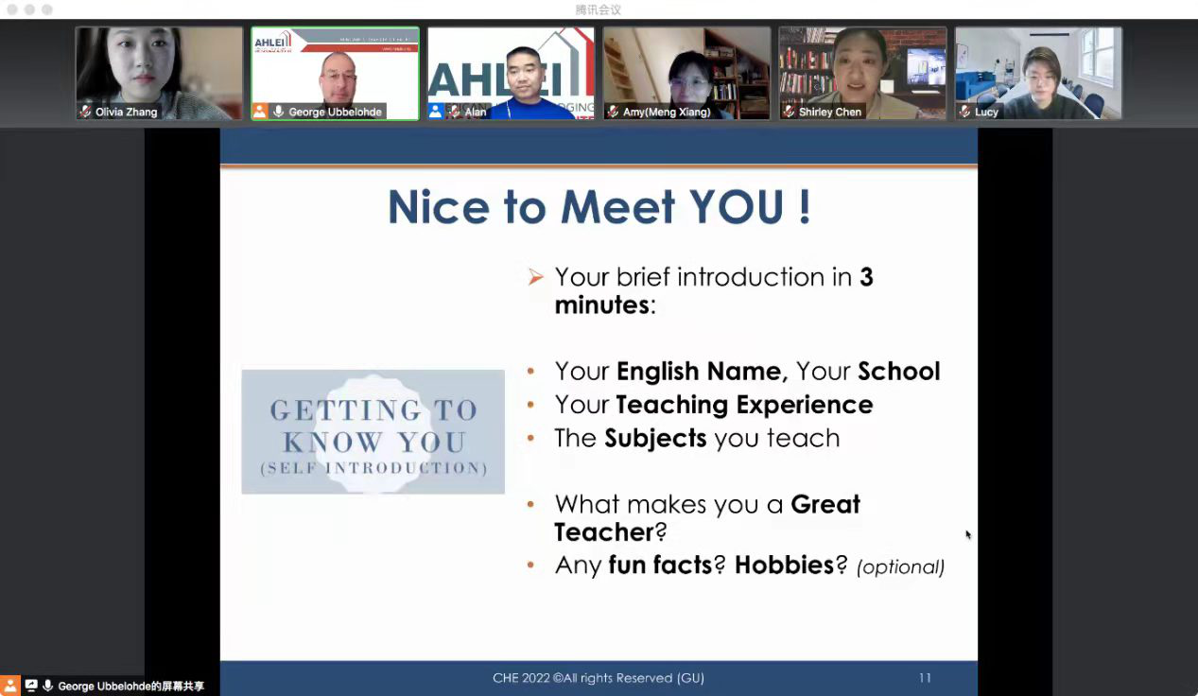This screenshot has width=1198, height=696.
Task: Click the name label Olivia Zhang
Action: pos(126,112)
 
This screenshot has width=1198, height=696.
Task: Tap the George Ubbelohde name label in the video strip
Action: pos(335,112)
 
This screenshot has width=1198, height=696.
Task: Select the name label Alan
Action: pos(476,112)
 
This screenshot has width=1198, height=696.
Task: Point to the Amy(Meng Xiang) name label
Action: pos(667,112)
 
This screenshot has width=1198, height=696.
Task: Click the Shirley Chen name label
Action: pos(830,112)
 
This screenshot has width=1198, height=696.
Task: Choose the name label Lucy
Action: pos(986,112)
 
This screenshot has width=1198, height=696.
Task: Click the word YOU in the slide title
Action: pos(737,206)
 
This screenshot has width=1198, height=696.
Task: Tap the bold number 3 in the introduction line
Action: pos(866,277)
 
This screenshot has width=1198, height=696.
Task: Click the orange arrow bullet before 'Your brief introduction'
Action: pos(535,276)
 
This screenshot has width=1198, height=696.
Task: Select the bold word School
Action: pos(899,372)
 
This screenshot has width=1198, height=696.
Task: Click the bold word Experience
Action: pos(805,405)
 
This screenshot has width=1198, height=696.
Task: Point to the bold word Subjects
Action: pos(655,438)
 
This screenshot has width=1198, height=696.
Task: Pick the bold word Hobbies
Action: pos(785,565)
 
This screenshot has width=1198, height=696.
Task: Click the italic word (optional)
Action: pos(901,567)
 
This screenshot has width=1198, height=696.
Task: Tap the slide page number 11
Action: pos(926,678)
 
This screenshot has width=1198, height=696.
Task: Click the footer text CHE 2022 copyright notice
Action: pos(599,678)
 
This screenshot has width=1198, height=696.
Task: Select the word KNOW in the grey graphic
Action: pos(332,443)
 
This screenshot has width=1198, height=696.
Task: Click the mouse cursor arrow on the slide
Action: pos(968,534)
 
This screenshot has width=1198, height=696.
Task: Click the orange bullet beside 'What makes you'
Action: pos(530,504)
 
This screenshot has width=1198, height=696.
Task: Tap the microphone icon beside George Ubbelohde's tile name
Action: pos(278,112)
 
